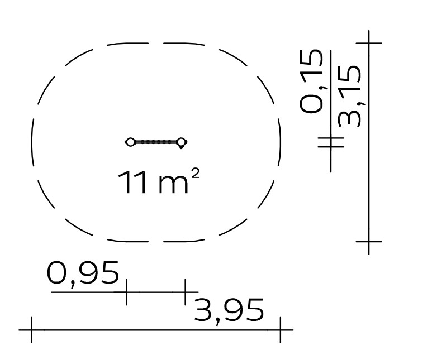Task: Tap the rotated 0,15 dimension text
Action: (311, 81)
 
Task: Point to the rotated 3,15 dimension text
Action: (349, 96)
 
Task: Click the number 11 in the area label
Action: (132, 183)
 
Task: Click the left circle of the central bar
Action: (130, 142)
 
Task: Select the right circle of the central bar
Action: (182, 142)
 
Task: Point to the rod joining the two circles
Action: (156, 142)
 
